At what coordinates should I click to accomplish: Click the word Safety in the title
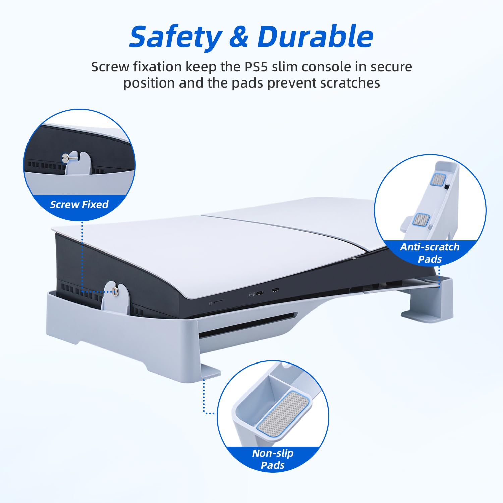click(176, 37)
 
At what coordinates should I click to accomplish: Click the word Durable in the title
click(315, 37)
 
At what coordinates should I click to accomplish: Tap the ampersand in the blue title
click(239, 37)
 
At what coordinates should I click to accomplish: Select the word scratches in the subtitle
click(350, 83)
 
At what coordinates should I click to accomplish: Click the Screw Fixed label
click(79, 204)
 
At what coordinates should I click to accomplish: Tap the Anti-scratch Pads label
click(430, 253)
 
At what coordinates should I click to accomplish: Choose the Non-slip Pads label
click(273, 459)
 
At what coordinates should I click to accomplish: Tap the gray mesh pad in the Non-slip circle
click(284, 412)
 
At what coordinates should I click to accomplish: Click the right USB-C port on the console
click(275, 290)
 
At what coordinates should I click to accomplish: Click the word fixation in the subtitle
click(158, 67)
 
